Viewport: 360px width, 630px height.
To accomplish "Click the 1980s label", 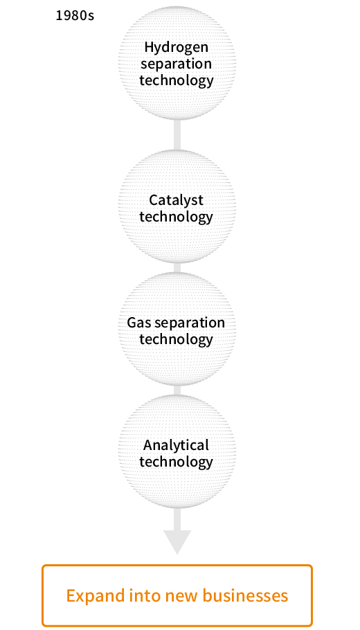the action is (75, 15).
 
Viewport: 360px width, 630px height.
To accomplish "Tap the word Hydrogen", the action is (177, 47).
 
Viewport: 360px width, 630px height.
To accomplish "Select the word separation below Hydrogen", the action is (176, 64).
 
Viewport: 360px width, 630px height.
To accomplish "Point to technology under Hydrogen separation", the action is (177, 80).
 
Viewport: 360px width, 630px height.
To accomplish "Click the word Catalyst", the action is (176, 200).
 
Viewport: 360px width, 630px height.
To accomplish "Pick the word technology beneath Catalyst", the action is (177, 217).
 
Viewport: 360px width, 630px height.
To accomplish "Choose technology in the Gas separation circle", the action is (177, 339).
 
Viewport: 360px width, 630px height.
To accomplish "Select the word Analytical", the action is (176, 445).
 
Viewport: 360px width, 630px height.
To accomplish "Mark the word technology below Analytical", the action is (177, 462).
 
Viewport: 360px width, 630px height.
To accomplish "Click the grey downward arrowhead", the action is (177, 541).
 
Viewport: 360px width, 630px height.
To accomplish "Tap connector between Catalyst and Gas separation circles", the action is (177, 268).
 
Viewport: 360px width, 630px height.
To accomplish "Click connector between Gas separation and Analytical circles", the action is (177, 390).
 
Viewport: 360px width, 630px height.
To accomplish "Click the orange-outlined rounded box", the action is (177, 566).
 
